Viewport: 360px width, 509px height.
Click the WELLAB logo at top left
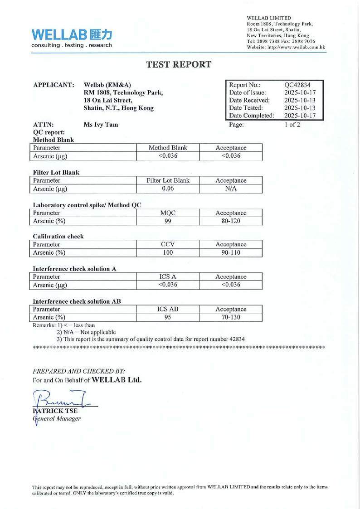pyautogui.click(x=71, y=38)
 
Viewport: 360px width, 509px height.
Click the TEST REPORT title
pyautogui.click(x=179, y=64)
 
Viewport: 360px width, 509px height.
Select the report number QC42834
pyautogui.click(x=297, y=84)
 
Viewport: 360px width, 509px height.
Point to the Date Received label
pyautogui.click(x=249, y=100)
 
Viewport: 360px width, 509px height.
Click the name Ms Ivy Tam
pyautogui.click(x=101, y=125)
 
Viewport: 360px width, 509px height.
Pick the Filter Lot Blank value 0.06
pyautogui.click(x=168, y=189)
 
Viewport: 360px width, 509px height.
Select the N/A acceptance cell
pyautogui.click(x=231, y=189)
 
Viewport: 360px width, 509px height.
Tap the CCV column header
pyautogui.click(x=168, y=244)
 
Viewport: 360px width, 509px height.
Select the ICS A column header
pyautogui.click(x=168, y=276)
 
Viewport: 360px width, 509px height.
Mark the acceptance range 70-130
pyautogui.click(x=231, y=317)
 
